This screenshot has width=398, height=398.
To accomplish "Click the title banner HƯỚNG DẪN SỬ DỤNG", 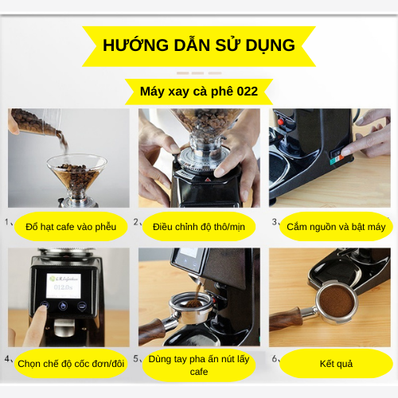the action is click(x=199, y=46).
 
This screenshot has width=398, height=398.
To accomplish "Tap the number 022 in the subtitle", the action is click(x=247, y=92).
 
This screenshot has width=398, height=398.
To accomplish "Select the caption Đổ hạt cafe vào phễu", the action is click(x=71, y=227).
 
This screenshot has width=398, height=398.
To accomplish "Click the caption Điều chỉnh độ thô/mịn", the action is click(x=199, y=227).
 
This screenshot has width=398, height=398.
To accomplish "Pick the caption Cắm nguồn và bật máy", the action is click(x=336, y=227).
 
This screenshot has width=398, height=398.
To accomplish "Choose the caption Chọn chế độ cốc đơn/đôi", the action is click(x=71, y=364).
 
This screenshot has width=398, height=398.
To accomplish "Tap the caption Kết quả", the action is click(x=336, y=364).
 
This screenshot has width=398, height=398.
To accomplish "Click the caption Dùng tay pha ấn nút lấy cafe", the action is click(x=199, y=365).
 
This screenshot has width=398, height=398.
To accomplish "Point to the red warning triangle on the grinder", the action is click(x=208, y=179).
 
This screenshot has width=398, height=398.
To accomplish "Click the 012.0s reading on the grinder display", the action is click(x=63, y=287).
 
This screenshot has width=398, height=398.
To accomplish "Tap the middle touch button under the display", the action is click(x=63, y=306).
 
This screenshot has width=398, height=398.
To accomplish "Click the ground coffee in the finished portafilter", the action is click(x=336, y=301).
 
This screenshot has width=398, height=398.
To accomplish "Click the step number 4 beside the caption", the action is click(x=7, y=359).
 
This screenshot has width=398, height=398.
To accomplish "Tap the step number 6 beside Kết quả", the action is click(x=275, y=359).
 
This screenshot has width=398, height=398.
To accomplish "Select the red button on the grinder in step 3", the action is click(x=281, y=122).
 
